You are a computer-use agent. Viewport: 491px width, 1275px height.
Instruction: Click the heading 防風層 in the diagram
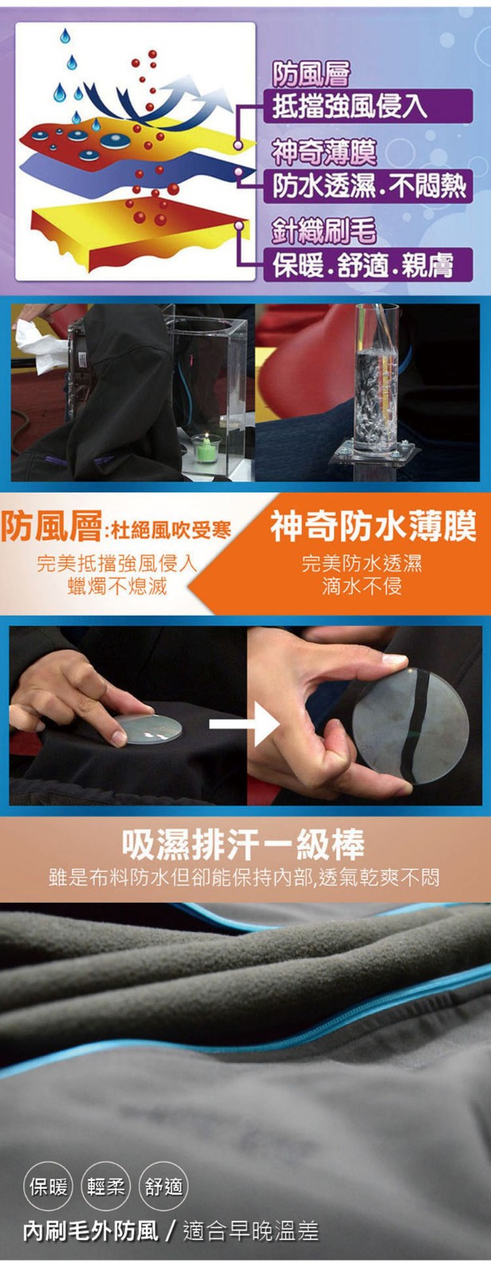tap(311, 73)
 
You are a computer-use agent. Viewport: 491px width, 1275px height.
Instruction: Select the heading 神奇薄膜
tap(324, 152)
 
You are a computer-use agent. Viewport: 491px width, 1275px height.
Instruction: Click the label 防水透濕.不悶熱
tap(367, 186)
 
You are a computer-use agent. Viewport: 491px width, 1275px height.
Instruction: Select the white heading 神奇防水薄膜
tap(373, 527)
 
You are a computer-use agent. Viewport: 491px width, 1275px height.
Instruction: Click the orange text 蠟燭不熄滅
tap(116, 586)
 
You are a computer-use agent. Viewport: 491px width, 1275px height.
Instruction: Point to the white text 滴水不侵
tap(362, 586)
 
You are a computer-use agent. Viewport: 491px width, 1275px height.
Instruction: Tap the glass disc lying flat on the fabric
tap(149, 728)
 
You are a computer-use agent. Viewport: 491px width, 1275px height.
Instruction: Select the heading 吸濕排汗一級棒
tap(243, 844)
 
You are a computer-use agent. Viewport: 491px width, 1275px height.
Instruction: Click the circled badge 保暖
tap(49, 1186)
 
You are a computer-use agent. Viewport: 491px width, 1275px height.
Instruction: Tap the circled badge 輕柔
tap(106, 1186)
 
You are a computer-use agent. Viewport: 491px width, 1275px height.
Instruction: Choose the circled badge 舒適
tap(164, 1186)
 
